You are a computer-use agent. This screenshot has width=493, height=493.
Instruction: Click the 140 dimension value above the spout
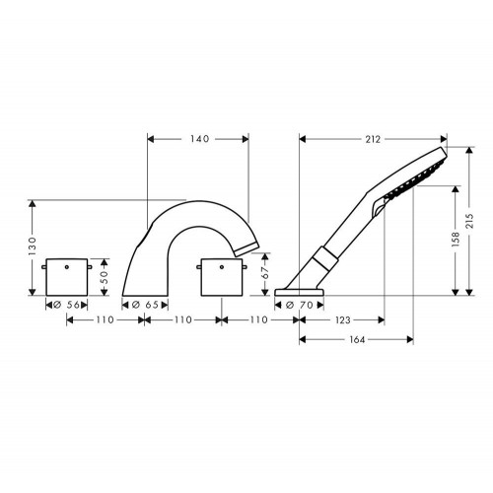[199, 139]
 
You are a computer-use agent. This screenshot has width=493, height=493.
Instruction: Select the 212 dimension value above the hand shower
[373, 139]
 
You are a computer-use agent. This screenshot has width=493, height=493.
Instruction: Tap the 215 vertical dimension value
[469, 221]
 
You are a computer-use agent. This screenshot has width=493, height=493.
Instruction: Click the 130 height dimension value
[33, 246]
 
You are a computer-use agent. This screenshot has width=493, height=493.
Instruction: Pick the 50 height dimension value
[104, 277]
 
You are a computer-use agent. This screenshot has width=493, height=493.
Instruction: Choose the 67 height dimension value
[265, 272]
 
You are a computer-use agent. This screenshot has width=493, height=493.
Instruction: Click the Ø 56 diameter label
[66, 305]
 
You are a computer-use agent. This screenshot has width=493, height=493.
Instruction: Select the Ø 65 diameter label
[145, 305]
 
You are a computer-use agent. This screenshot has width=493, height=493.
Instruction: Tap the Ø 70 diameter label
[300, 306]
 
